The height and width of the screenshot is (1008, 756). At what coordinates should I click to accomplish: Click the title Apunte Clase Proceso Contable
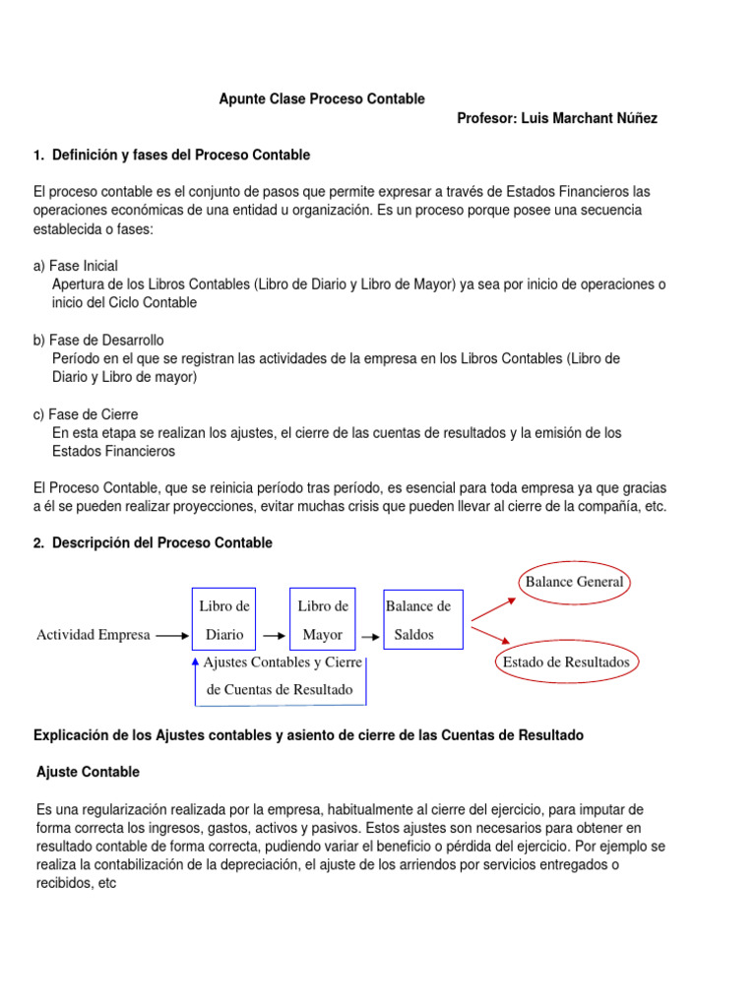321,98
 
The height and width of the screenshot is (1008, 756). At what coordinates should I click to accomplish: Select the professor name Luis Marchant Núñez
557,118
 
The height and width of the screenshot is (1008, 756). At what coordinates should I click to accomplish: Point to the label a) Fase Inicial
76,266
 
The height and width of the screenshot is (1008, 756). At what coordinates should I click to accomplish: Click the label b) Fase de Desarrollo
98,340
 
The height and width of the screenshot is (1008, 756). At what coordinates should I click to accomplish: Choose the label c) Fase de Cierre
86,414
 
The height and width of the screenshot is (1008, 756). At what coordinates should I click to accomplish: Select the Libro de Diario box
223,620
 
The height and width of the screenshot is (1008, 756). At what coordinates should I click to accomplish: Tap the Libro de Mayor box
322,620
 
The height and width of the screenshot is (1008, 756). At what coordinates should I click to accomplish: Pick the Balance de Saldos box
422,620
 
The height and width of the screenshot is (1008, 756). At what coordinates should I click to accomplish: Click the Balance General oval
574,582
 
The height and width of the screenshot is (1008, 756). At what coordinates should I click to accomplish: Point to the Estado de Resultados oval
566,662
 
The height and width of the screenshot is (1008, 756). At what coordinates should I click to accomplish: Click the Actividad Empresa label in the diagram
94,635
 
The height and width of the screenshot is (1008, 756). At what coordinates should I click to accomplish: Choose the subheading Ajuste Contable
88,772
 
